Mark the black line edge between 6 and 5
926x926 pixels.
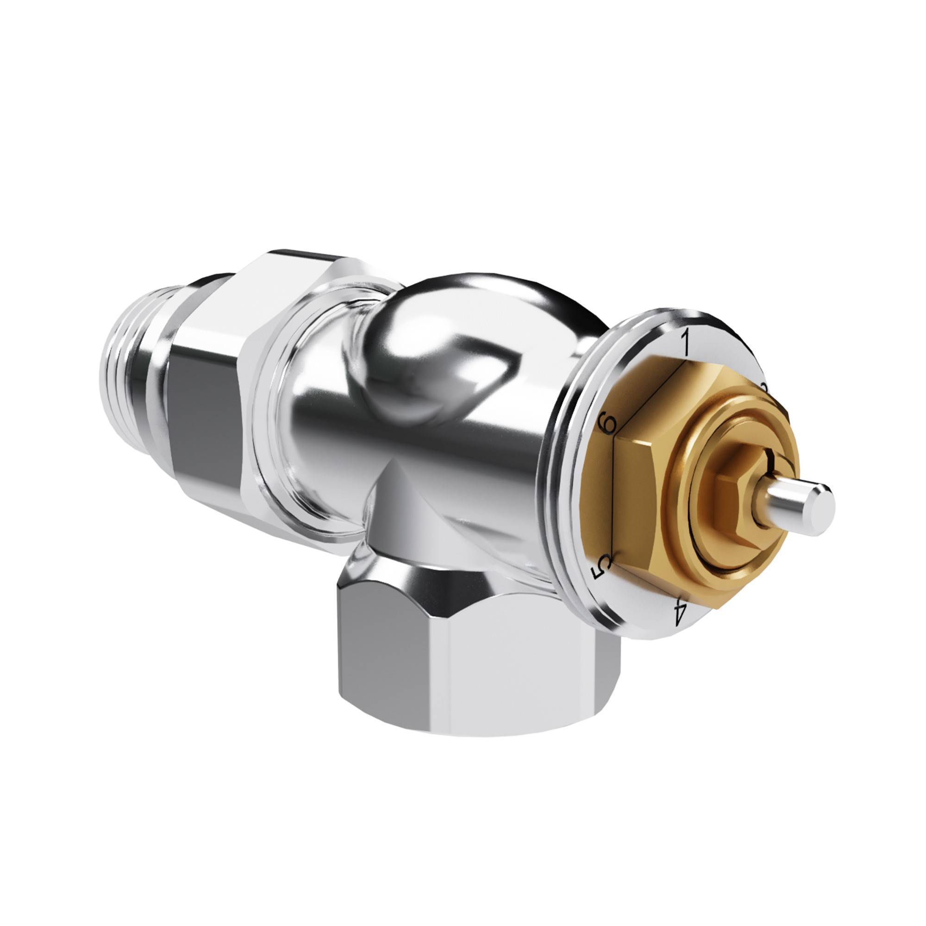tap(614, 499)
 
